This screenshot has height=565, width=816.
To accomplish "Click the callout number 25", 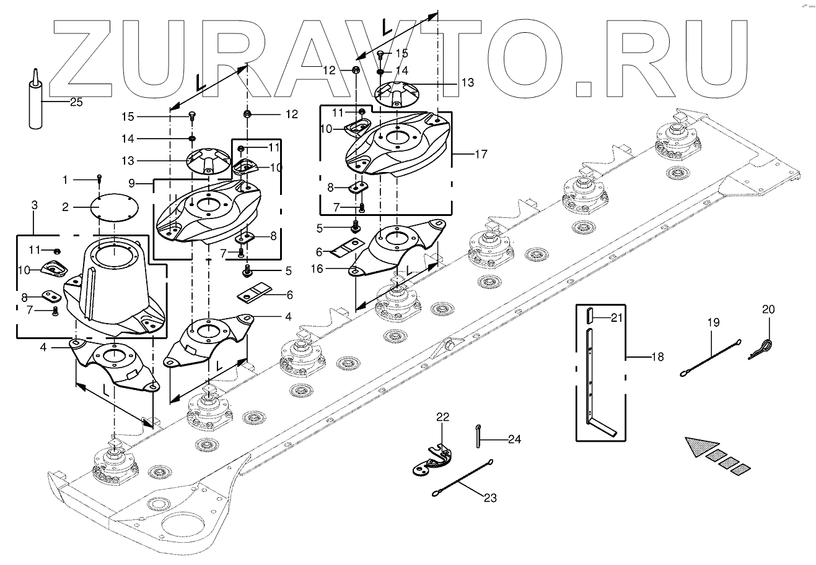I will point(76,102).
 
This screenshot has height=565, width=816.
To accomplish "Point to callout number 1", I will point(65,179).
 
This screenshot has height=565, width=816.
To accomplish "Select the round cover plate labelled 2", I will point(115,207).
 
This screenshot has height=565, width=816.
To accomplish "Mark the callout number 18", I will point(657,357).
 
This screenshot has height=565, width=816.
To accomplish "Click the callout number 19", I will point(713,322).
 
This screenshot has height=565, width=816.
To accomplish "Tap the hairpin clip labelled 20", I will point(764,348).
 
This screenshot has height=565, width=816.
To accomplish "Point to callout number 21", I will point(616,318).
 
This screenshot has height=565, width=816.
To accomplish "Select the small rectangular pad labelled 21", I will point(591,316).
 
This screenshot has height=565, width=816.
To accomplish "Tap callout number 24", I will point(514,440).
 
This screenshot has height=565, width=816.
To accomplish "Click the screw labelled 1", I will point(99,179).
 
